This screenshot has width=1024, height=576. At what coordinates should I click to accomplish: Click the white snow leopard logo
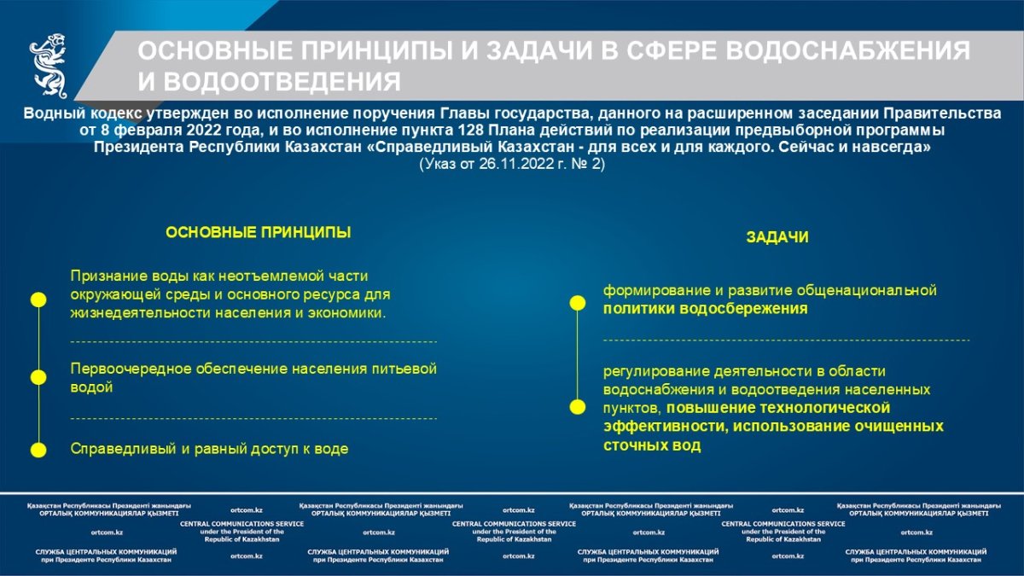[49, 66]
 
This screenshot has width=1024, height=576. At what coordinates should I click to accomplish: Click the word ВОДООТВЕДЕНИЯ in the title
[282, 82]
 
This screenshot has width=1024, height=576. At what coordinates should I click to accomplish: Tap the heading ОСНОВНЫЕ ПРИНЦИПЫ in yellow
[259, 232]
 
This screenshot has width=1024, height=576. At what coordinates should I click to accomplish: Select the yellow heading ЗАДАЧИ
[777, 237]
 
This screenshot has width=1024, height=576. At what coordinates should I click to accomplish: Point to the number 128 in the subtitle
[471, 131]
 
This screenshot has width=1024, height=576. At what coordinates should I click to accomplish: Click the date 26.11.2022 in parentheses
[516, 164]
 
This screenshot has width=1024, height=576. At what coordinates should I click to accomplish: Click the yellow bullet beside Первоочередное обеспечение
[38, 377]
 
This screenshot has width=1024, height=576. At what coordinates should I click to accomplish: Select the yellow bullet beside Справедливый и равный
[38, 450]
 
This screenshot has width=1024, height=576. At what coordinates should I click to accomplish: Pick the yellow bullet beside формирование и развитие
[578, 303]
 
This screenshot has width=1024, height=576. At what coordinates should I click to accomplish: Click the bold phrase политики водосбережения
[706, 309]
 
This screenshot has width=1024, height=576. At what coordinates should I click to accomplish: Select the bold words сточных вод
[652, 445]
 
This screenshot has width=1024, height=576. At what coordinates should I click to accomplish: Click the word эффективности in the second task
[666, 427]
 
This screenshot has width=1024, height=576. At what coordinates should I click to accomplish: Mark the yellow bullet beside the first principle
[38, 300]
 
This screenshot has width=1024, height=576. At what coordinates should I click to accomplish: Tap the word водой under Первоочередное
[91, 387]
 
